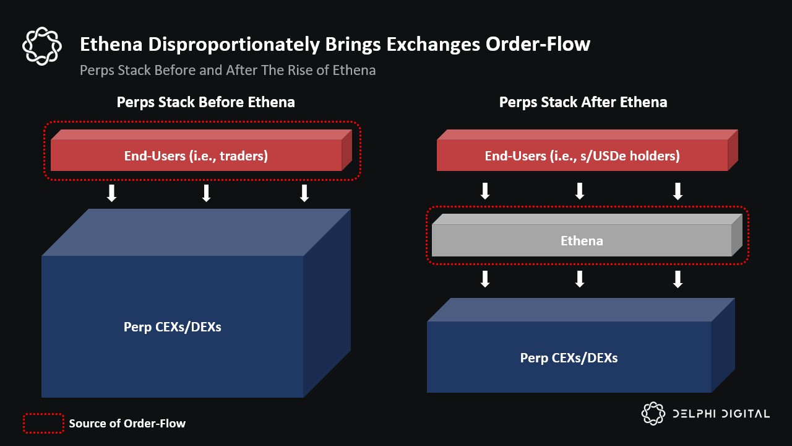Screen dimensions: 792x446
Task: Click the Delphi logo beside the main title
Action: click(42, 46)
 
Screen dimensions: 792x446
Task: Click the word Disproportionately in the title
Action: click(234, 45)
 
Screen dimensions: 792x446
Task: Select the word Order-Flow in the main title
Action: click(538, 44)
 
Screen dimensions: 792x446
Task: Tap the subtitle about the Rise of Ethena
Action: click(228, 70)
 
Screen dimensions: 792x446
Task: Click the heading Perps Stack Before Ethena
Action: click(206, 102)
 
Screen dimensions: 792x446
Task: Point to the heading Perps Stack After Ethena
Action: click(583, 102)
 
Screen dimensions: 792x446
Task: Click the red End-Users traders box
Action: click(201, 151)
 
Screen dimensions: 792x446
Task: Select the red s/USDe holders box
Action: click(587, 151)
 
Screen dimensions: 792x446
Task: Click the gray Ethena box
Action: click(587, 235)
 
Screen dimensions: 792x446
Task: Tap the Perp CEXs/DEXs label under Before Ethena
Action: click(173, 327)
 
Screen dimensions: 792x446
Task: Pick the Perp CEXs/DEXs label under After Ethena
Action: click(569, 358)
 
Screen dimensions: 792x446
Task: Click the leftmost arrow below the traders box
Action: click(112, 193)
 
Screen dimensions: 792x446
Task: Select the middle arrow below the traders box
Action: click(207, 193)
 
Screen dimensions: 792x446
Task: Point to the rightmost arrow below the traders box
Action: click(304, 193)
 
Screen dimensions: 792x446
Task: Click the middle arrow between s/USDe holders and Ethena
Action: click(580, 191)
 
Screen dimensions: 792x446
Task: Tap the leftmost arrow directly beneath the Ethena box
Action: click(485, 279)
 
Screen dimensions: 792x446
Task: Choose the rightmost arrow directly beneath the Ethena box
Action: click(678, 279)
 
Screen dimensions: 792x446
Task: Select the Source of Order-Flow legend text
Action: click(127, 423)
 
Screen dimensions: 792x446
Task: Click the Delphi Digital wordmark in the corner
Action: click(705, 413)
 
